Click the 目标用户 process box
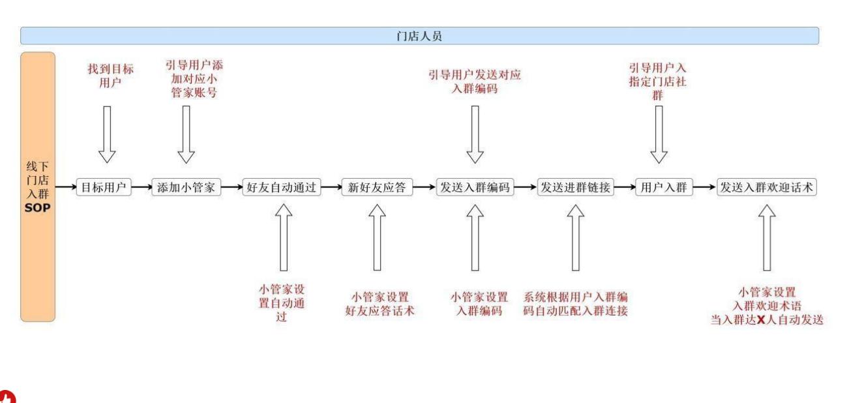104,188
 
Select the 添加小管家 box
186,188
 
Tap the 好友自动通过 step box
282,188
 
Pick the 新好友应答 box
376,188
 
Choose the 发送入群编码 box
475,188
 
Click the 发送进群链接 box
574,188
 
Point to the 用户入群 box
664,188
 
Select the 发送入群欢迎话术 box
767,188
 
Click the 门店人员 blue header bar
419,36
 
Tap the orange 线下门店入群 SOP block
38,187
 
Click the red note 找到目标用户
110,76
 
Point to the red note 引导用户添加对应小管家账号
190,79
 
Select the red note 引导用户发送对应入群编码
475,82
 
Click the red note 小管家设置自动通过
282,303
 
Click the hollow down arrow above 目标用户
107,134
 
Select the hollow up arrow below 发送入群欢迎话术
767,237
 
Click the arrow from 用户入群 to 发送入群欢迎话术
704,188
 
